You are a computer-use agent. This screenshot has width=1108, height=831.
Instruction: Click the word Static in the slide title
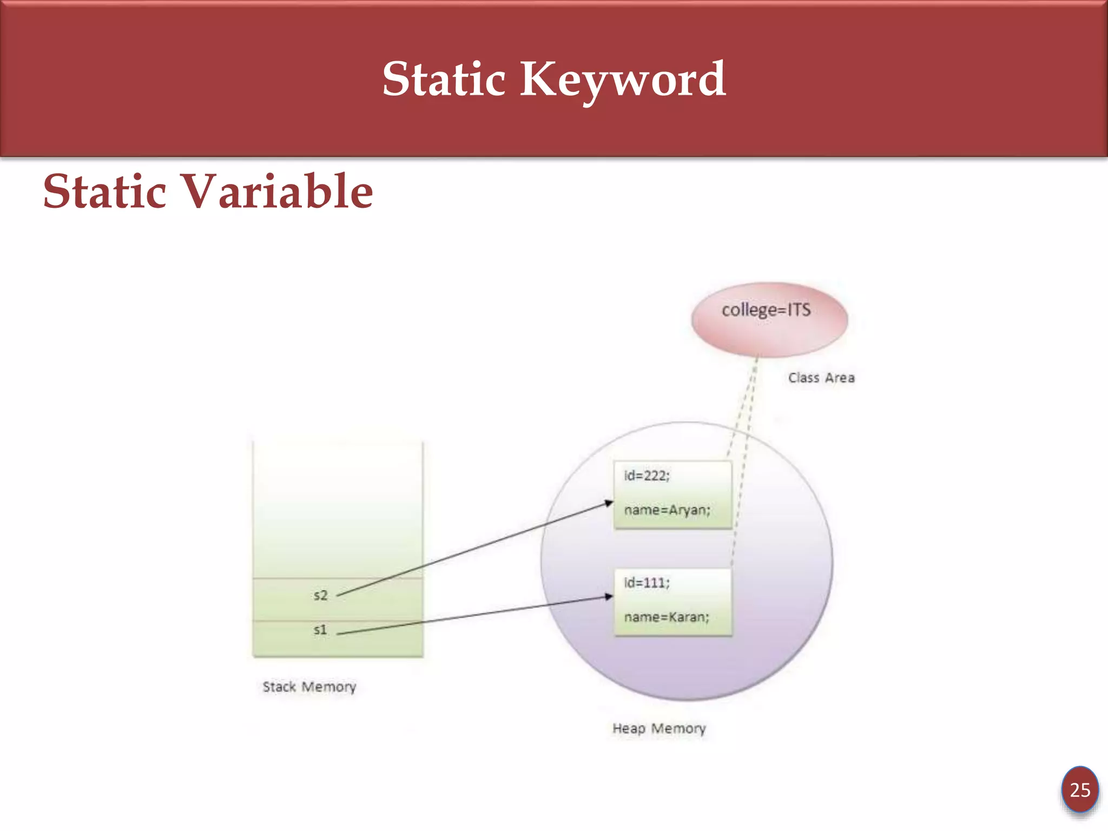click(x=444, y=80)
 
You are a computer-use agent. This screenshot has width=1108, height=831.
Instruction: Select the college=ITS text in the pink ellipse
click(x=766, y=311)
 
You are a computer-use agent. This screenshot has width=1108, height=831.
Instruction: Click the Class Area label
click(x=821, y=378)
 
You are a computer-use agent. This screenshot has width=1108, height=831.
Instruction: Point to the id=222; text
click(x=647, y=476)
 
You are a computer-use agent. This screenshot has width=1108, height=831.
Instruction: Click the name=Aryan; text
click(x=667, y=510)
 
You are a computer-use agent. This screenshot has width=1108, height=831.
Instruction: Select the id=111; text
click(x=647, y=583)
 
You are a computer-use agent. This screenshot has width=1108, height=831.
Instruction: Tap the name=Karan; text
click(x=667, y=617)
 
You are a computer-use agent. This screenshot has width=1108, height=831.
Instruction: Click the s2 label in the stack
click(x=321, y=596)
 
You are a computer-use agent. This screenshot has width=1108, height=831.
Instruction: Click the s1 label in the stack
click(x=320, y=630)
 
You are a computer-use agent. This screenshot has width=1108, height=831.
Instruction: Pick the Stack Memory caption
click(x=309, y=687)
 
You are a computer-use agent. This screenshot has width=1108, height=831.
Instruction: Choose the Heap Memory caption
click(x=659, y=729)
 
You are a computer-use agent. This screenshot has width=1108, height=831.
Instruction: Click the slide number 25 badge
click(x=1080, y=790)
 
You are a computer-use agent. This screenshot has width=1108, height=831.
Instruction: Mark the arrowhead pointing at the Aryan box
click(x=609, y=503)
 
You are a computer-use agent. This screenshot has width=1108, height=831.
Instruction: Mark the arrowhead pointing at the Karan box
click(x=609, y=597)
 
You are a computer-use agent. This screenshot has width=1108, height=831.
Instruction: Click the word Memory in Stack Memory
click(x=329, y=687)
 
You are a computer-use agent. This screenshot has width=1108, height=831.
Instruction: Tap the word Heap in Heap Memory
click(x=629, y=729)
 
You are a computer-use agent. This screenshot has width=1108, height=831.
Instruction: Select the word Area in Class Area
click(x=840, y=378)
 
